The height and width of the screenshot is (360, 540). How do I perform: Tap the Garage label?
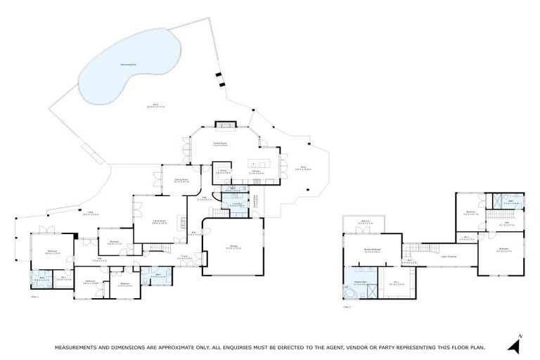[x=233, y=247]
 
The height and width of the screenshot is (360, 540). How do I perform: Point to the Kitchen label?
[x=256, y=172]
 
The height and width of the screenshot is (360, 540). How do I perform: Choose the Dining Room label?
[x=181, y=181]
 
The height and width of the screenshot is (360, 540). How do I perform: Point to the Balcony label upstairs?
[x=366, y=224]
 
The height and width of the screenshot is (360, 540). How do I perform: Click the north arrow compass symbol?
[x=517, y=344]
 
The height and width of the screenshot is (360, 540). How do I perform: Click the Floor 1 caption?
[x=34, y=297]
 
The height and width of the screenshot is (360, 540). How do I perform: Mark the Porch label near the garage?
[x=184, y=259]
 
